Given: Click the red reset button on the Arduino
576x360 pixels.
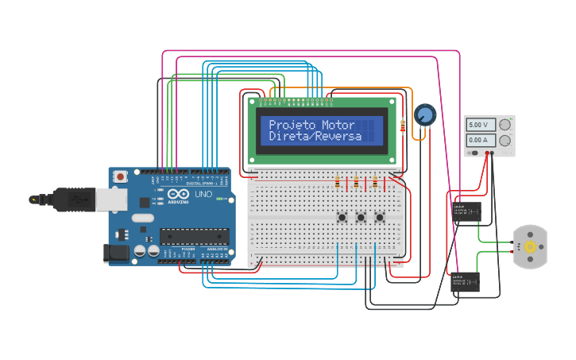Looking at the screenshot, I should point(120,176).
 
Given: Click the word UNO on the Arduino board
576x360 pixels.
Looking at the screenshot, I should point(203,194).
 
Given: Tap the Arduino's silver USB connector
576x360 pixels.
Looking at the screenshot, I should point(106,199).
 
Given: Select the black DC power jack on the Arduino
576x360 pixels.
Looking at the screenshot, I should point(115,253).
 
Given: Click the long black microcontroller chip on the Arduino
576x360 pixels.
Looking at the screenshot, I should point(195,236).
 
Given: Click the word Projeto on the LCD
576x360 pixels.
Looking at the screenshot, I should point(292,125).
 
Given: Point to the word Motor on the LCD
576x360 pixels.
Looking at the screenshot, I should point(338,125).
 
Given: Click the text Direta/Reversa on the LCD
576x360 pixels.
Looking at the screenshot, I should point(315,136).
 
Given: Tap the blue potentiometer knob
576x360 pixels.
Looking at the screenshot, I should point(425,115).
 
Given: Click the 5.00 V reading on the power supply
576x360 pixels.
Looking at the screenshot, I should point(480,125).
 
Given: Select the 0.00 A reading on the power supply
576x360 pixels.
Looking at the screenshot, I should point(480,141).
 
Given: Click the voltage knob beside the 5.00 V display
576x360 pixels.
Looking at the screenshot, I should point(504,125).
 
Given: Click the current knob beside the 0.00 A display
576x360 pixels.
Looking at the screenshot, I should point(504,141).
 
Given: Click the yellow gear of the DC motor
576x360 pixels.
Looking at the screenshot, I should point(530,247).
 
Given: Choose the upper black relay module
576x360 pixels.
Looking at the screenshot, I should point(466,211).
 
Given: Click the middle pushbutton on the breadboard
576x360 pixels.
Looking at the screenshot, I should point(361,217).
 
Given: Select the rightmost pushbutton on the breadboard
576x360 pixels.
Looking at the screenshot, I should point(379,217).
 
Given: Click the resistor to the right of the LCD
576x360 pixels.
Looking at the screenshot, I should point(403,125).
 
